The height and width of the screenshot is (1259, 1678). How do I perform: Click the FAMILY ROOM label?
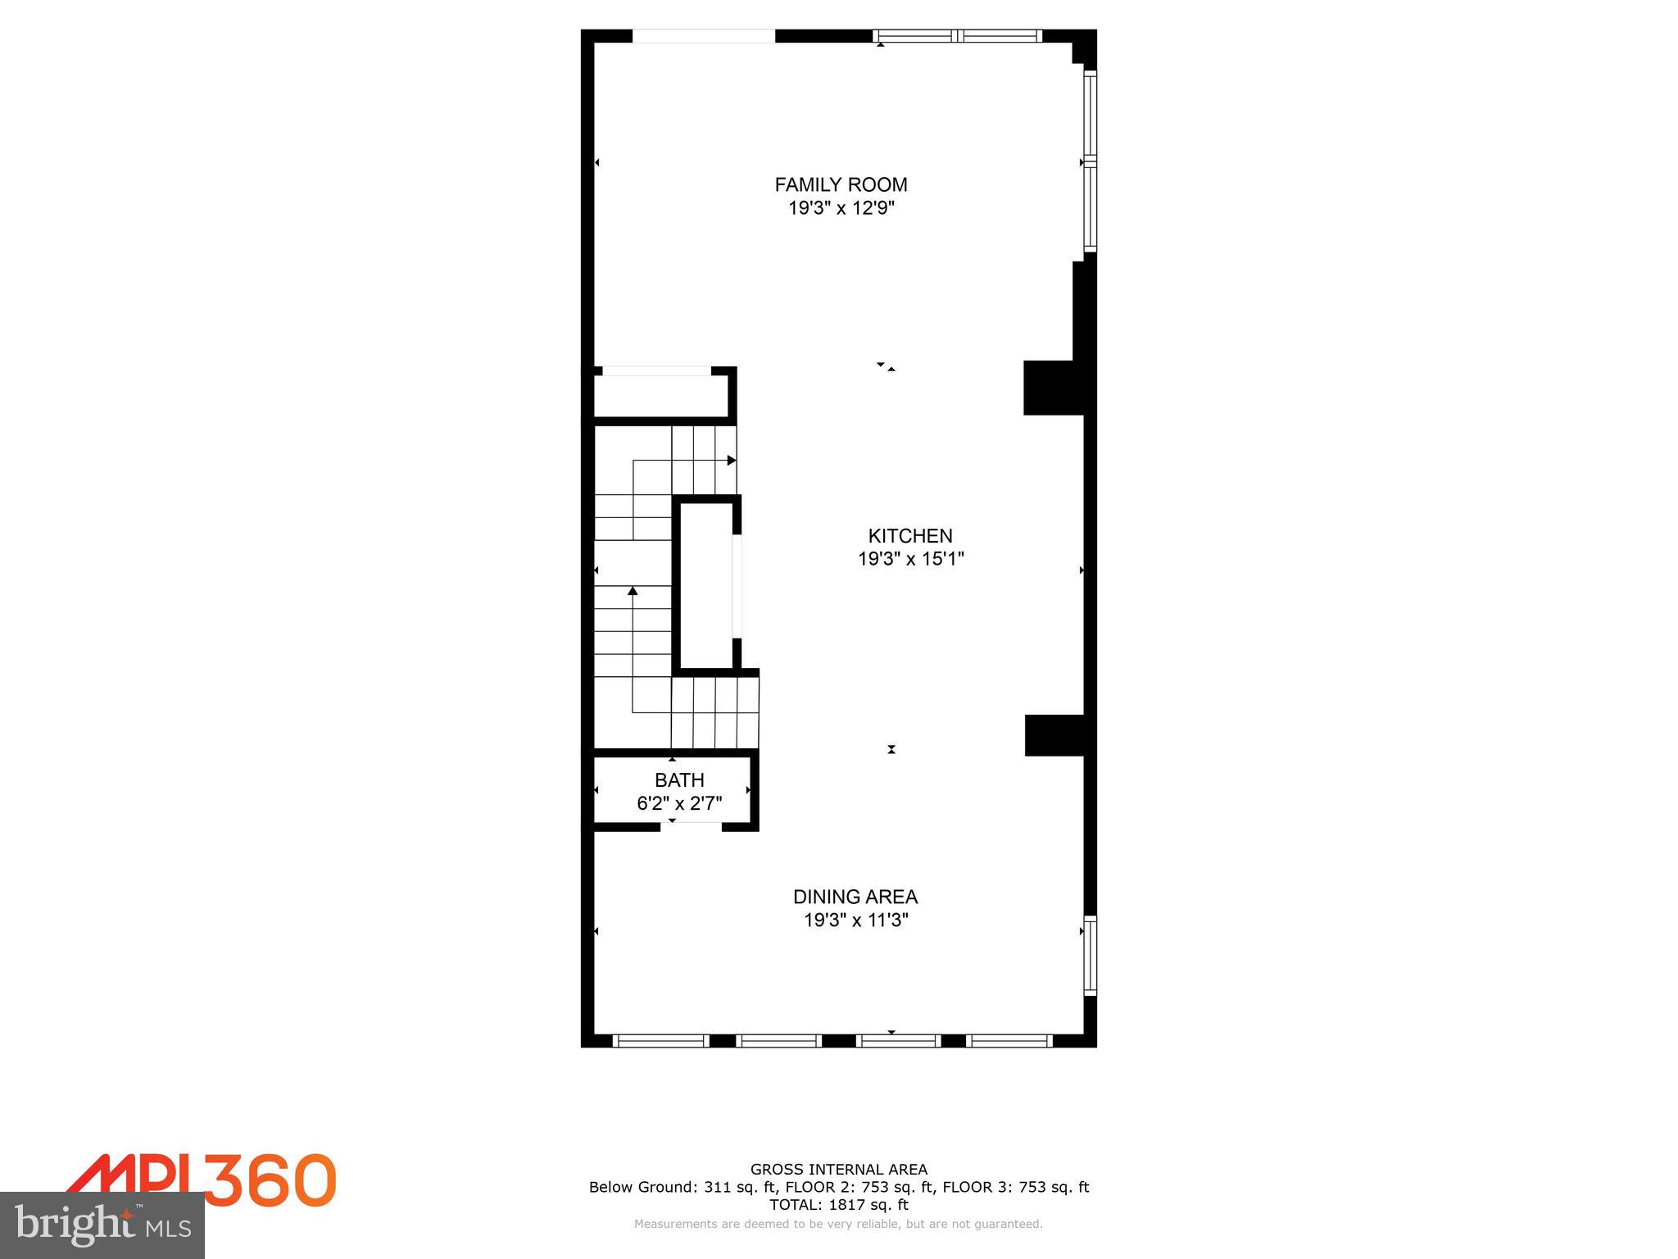click(x=841, y=185)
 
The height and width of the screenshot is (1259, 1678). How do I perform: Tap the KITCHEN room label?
click(x=910, y=536)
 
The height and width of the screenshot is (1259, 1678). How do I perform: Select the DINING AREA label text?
click(x=855, y=897)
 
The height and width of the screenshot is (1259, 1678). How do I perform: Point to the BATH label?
click(x=679, y=780)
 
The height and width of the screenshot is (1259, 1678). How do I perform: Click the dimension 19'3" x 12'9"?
click(x=841, y=208)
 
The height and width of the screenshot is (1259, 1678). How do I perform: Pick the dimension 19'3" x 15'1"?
click(x=910, y=559)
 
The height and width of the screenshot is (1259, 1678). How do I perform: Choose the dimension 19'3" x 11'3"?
click(x=855, y=920)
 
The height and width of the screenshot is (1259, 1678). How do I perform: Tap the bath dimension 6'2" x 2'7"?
click(x=679, y=803)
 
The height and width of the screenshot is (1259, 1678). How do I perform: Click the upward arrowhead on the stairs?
click(x=633, y=590)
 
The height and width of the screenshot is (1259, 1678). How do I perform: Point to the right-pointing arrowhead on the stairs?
click(x=732, y=461)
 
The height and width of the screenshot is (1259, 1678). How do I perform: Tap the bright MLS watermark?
click(x=102, y=1225)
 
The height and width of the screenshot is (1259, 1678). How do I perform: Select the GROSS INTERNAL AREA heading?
click(x=839, y=1170)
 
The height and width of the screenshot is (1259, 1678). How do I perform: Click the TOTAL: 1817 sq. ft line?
click(x=839, y=1204)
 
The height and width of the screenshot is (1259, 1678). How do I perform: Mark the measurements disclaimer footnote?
click(x=839, y=1224)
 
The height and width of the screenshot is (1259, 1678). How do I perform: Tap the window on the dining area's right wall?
click(x=1090, y=955)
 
